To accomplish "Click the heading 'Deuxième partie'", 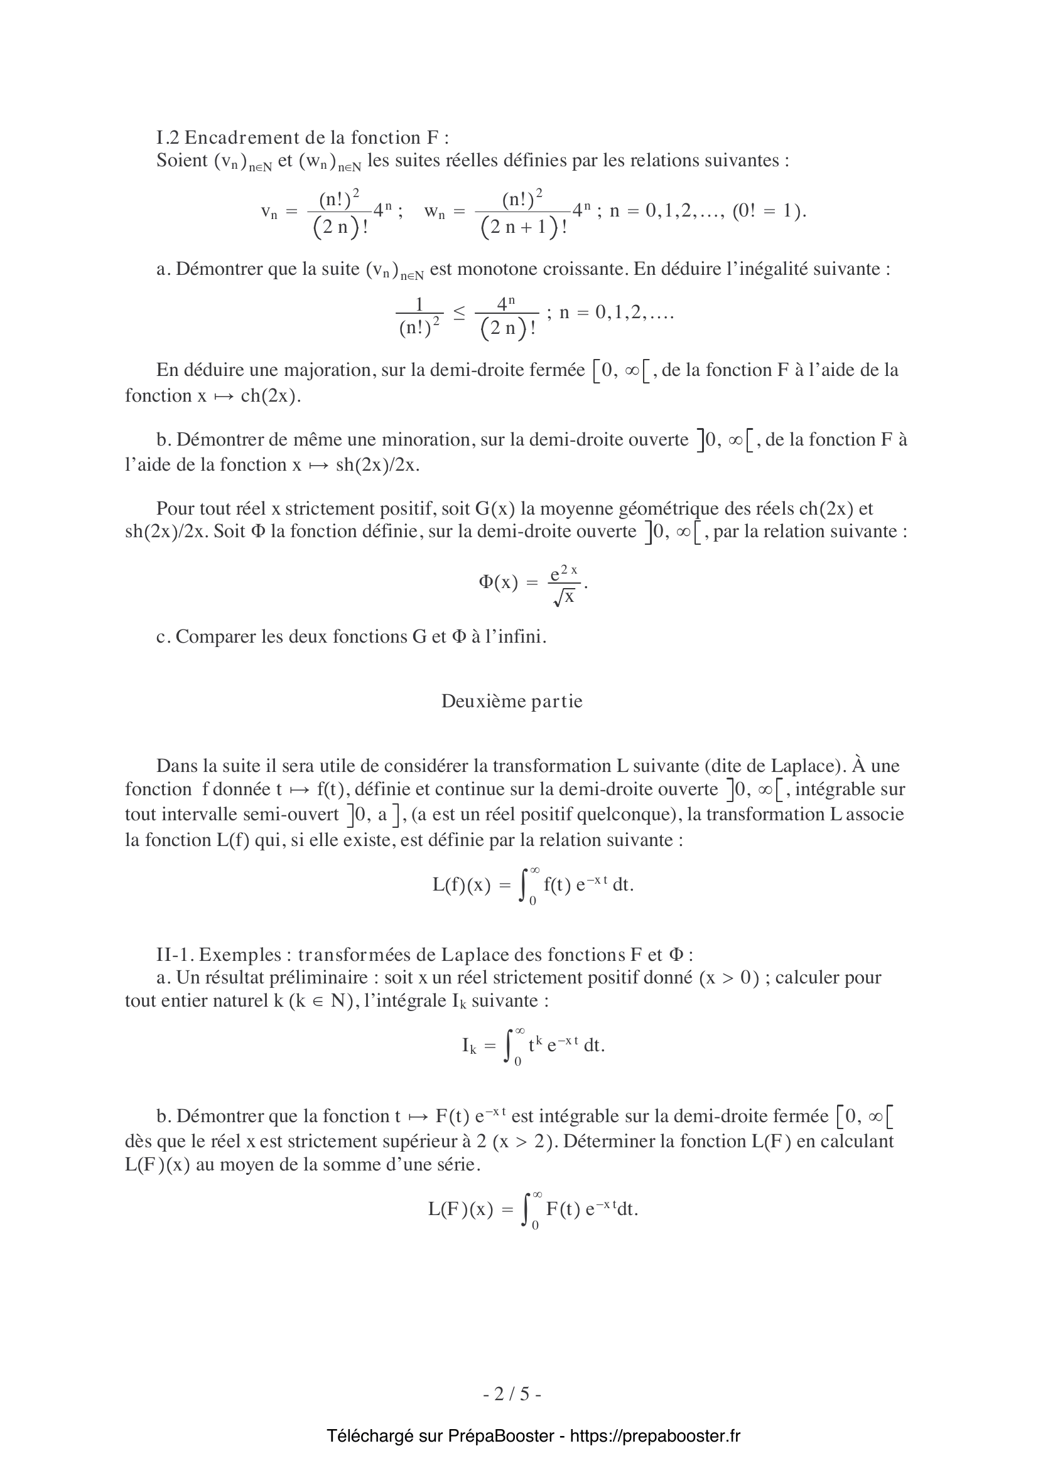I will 512,702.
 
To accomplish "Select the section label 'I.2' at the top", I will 168,137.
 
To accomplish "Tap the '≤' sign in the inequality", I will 459,313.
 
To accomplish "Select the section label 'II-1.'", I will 175,955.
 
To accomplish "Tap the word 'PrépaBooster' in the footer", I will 500,1436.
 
